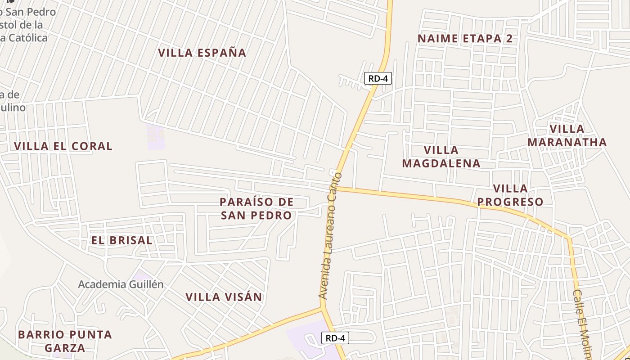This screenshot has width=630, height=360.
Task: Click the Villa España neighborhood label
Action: (x=202, y=53)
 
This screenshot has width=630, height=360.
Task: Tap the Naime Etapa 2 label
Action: (x=465, y=39)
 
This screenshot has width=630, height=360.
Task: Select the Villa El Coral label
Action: (x=63, y=146)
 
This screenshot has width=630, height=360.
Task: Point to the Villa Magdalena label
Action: (x=441, y=156)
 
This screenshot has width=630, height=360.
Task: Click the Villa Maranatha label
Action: (x=567, y=135)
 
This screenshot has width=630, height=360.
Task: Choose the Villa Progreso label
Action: (x=510, y=195)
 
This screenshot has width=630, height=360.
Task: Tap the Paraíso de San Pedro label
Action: (x=256, y=208)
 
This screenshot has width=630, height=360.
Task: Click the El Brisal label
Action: (x=121, y=240)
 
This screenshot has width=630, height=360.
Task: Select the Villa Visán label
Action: (x=224, y=297)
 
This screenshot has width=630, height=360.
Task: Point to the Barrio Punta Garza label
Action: (x=65, y=341)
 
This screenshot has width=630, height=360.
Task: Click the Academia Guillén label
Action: (x=121, y=284)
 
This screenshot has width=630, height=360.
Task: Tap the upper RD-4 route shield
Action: (x=378, y=79)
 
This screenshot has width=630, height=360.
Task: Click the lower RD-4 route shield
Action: (x=335, y=338)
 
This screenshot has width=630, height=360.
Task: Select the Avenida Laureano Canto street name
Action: (x=330, y=236)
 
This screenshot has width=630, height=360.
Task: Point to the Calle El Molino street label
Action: (x=582, y=324)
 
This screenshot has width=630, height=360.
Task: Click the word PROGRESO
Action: (x=510, y=202)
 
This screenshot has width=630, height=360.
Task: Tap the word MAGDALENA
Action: (x=441, y=163)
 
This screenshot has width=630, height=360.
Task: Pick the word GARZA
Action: (x=65, y=348)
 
